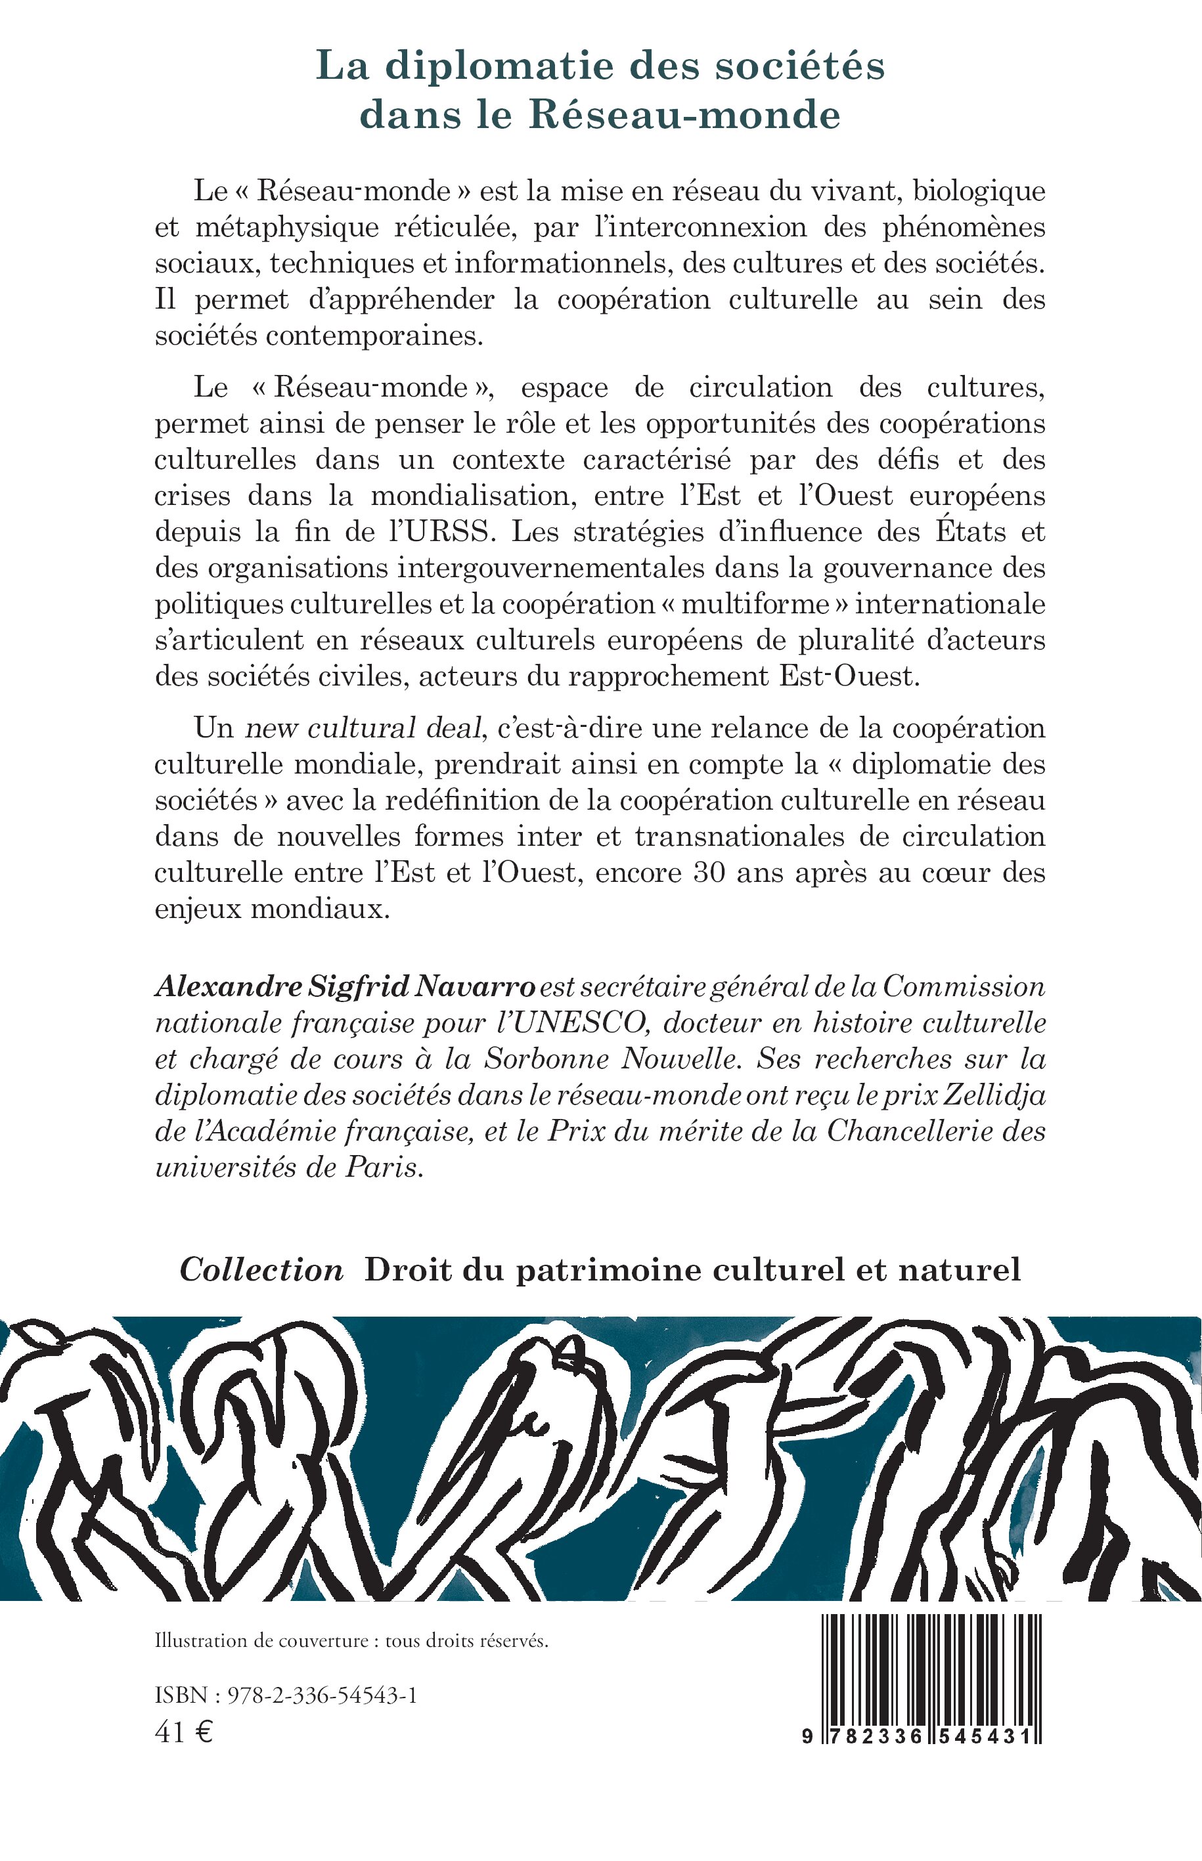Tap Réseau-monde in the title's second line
tap(684, 116)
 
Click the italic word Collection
tap(261, 1269)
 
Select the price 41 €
tap(184, 1732)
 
